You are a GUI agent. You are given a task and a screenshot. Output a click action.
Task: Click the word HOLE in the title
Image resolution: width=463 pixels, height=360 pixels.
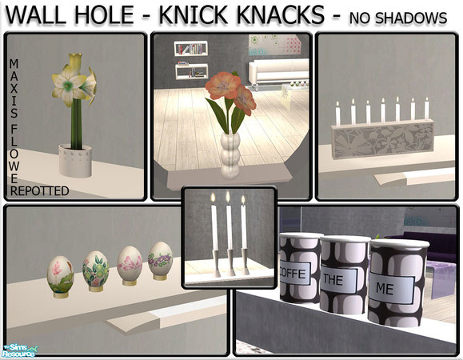pos(104,14)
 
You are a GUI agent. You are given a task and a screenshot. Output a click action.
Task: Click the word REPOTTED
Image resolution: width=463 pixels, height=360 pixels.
pos(39,191)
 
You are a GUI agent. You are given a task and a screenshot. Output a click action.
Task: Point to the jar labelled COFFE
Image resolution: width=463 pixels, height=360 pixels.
pos(300,267)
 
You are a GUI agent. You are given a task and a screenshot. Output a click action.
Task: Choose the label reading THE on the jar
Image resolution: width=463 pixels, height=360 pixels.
pos(339,278)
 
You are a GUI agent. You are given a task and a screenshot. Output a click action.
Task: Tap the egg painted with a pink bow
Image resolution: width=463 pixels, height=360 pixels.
pos(130,266)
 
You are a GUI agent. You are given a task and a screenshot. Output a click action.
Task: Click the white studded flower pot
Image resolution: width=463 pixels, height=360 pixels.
pos(75,160)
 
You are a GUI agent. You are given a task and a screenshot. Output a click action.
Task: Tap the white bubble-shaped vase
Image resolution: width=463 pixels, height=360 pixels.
pos(230,154)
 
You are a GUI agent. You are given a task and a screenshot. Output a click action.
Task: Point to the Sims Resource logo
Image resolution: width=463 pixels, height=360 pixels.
pos(19,351)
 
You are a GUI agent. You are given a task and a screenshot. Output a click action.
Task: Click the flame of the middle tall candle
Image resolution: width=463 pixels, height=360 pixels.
pos(228,197)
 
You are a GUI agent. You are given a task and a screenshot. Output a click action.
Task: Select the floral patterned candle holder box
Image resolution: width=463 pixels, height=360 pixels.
pos(383,139)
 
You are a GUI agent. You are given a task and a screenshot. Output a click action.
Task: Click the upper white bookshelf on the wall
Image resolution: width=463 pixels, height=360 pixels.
pos(191,49)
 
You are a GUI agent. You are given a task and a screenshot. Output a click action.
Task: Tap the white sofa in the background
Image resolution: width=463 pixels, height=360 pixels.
pos(278,72)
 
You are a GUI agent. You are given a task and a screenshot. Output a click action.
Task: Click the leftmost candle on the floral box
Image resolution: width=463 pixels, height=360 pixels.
pos(337,114)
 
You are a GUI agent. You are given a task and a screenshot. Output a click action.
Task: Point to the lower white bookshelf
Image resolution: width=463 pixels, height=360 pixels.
pos(191,71)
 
